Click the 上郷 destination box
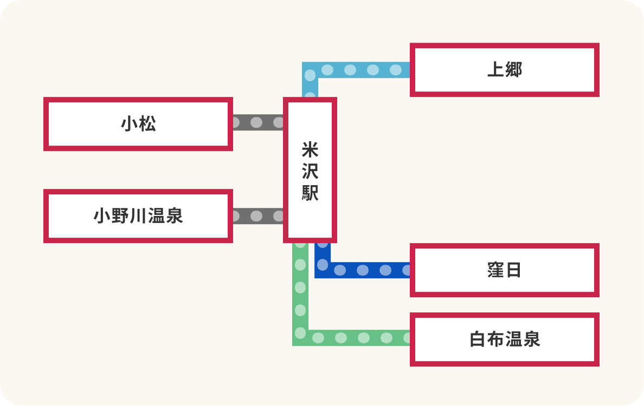pos(504,70)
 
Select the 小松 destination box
pos(138,124)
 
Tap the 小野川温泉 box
pos(138,216)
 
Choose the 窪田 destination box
pos(504,270)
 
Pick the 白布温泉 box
pos(504,339)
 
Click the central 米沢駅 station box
pos(310,170)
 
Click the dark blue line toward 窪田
pos(369,270)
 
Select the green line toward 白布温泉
pos(352,338)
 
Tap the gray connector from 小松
pos(257,122)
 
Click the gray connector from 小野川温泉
pos(257,217)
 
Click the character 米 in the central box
pos(310,149)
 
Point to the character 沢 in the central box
pos(310,171)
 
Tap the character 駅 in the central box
pos(310,192)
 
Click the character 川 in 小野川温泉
pos(139,216)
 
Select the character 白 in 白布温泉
pos(478,339)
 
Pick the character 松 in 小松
pos(147,124)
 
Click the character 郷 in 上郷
pos(513,70)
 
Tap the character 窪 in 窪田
pos(495,270)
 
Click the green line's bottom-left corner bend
pos(300,337)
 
